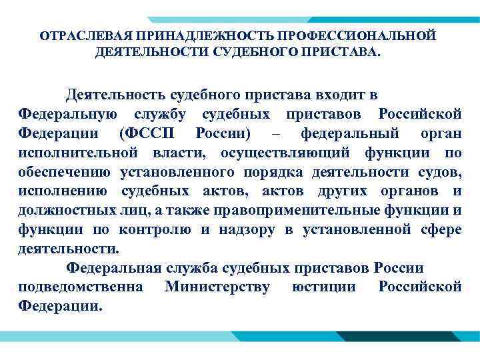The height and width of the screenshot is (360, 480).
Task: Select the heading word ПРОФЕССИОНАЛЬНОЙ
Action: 347,35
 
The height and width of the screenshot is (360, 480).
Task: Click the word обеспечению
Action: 65,173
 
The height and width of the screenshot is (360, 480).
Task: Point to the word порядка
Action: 272,173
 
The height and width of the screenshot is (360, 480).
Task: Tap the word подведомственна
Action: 79,288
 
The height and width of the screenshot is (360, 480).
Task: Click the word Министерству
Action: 217,288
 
